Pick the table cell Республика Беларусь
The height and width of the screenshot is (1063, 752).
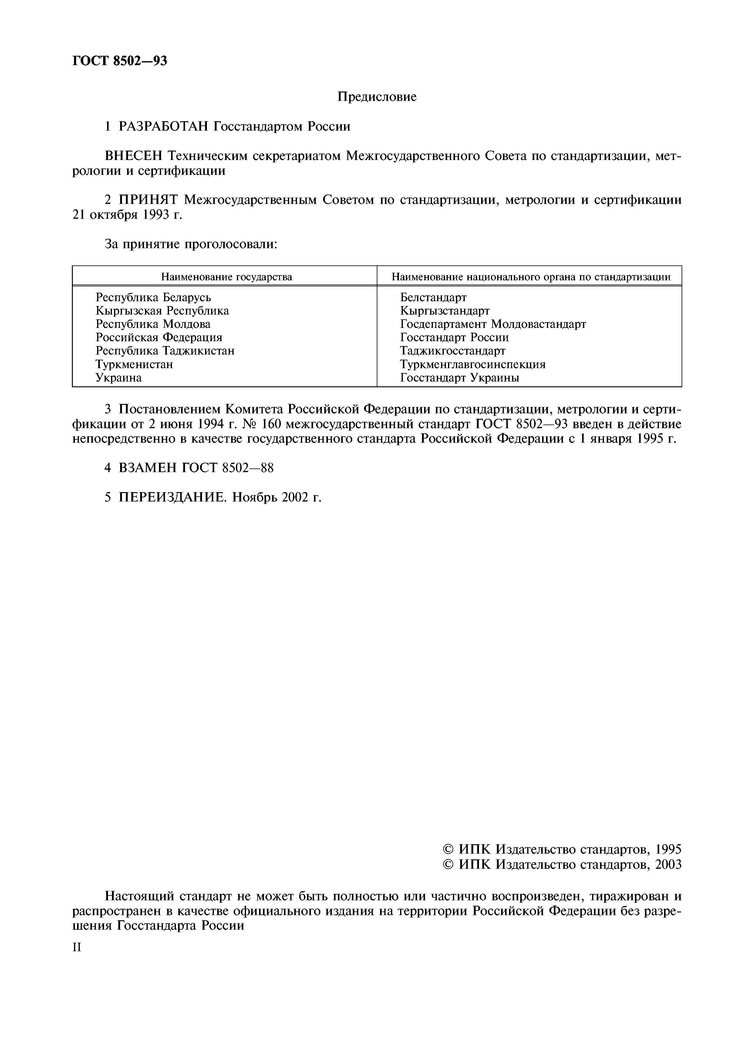point(153,297)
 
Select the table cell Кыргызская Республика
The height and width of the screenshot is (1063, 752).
point(162,311)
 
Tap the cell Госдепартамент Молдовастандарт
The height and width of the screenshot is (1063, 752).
point(493,324)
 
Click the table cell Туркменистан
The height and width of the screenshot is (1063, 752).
point(134,364)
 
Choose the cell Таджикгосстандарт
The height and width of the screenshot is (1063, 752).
point(453,351)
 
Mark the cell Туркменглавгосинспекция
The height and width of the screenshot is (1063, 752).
point(473,364)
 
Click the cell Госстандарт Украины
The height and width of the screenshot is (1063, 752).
point(460,378)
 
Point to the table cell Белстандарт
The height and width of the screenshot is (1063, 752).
point(433,297)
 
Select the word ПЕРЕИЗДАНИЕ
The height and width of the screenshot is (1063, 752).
point(172,497)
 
